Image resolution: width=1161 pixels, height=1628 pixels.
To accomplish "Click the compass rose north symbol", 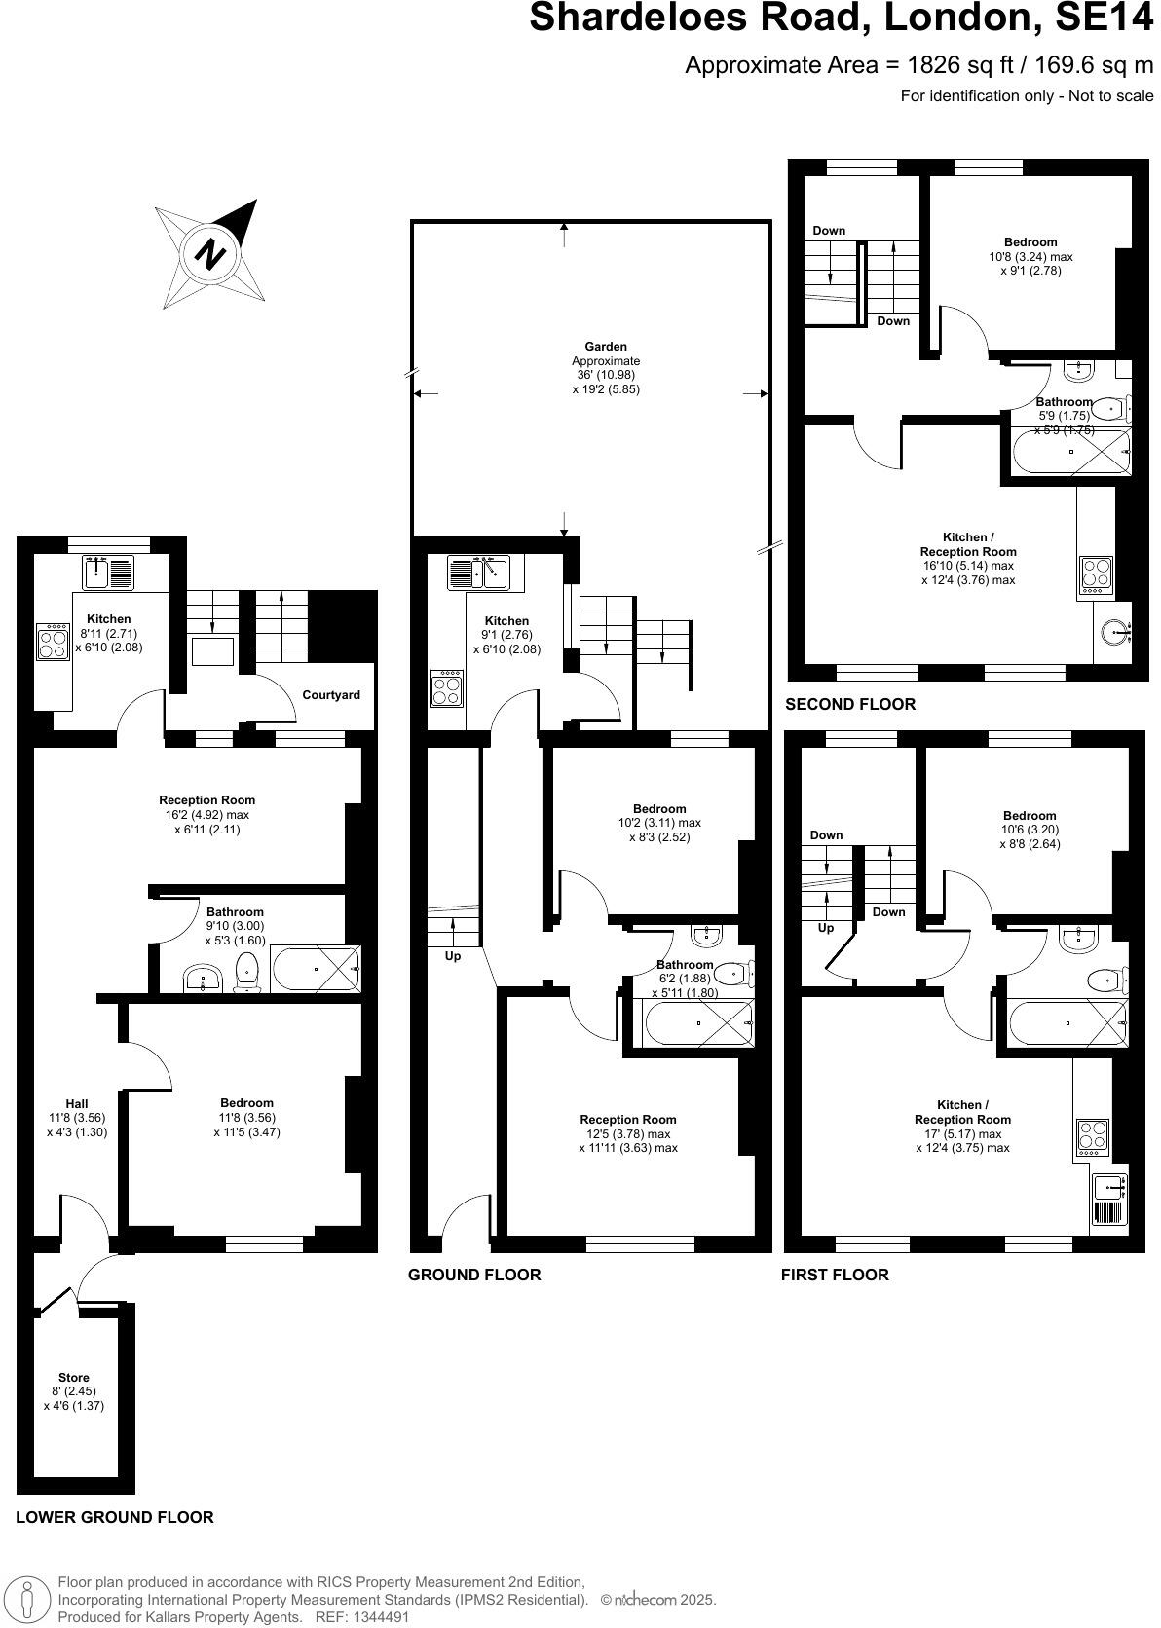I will point(210,255).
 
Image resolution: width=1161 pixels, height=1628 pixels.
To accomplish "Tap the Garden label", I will point(605,347).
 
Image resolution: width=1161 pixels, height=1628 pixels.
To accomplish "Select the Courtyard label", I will point(331,695).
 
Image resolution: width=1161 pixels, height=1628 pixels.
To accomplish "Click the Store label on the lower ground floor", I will point(74,1378).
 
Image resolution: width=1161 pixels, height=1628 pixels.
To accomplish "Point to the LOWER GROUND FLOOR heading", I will point(115,1517).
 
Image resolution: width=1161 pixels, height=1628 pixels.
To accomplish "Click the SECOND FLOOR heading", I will point(850,704).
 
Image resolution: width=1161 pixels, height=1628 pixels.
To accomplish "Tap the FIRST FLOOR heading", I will point(835,1275).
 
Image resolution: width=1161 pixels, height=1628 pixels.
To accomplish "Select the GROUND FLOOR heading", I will point(474,1275).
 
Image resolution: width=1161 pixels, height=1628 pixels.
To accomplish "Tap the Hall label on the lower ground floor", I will point(76,1103).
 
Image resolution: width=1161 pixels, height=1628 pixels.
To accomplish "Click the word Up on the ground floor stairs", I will point(453,956).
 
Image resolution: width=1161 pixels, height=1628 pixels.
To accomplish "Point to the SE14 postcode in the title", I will point(1100,18).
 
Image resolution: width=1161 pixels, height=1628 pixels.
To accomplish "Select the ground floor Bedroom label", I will point(659,808).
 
